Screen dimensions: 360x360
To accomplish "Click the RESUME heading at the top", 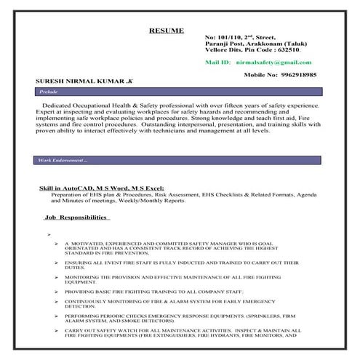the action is (x=166, y=31).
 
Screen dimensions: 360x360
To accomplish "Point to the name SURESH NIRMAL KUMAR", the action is (x=71, y=82).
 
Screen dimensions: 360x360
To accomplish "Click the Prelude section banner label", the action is (x=48, y=93).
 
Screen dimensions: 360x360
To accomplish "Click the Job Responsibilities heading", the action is (x=76, y=217).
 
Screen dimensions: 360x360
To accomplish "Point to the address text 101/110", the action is (x=229, y=37).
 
